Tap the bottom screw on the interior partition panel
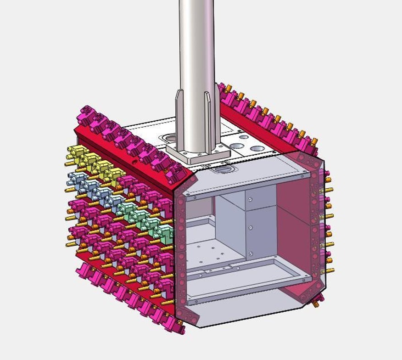click(251, 253)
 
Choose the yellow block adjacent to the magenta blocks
click(115, 175)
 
